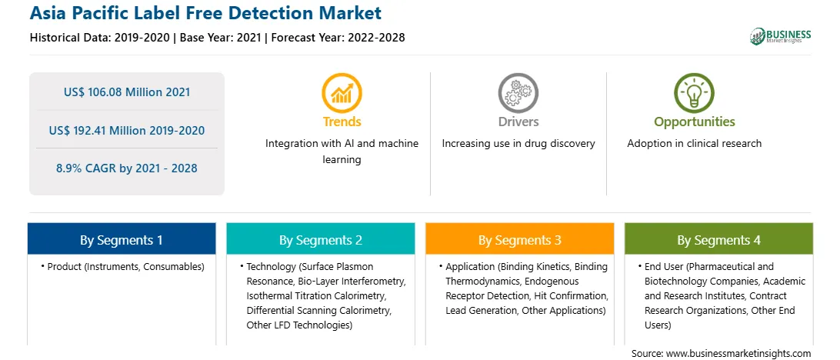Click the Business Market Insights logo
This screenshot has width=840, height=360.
[x=781, y=36]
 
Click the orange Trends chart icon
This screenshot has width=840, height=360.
[x=342, y=93]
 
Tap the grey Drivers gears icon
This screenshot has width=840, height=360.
[x=518, y=93]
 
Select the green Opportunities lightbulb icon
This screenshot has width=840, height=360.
[x=695, y=93]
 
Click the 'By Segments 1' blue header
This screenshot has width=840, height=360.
[x=122, y=238]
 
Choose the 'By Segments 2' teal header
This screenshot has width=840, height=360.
[x=320, y=238]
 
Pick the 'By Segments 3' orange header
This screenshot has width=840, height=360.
[x=520, y=238]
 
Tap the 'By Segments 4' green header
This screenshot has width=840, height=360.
[x=719, y=238]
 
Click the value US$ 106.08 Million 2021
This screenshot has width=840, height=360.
[x=127, y=92]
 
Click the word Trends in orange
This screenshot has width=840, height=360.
[x=342, y=122]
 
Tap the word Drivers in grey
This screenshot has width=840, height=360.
[x=518, y=122]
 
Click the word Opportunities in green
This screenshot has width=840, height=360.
[x=695, y=122]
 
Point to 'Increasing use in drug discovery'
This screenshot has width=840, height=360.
[x=518, y=144]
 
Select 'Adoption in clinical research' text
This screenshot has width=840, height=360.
[x=695, y=144]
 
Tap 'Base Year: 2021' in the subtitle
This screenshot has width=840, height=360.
[x=220, y=38]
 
